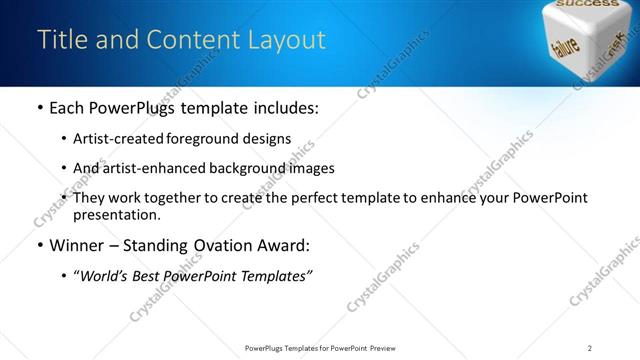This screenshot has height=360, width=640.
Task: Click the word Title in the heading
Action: (x=61, y=40)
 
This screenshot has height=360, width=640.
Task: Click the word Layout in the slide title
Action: (x=289, y=40)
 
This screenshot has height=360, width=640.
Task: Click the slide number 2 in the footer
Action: (x=590, y=348)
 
